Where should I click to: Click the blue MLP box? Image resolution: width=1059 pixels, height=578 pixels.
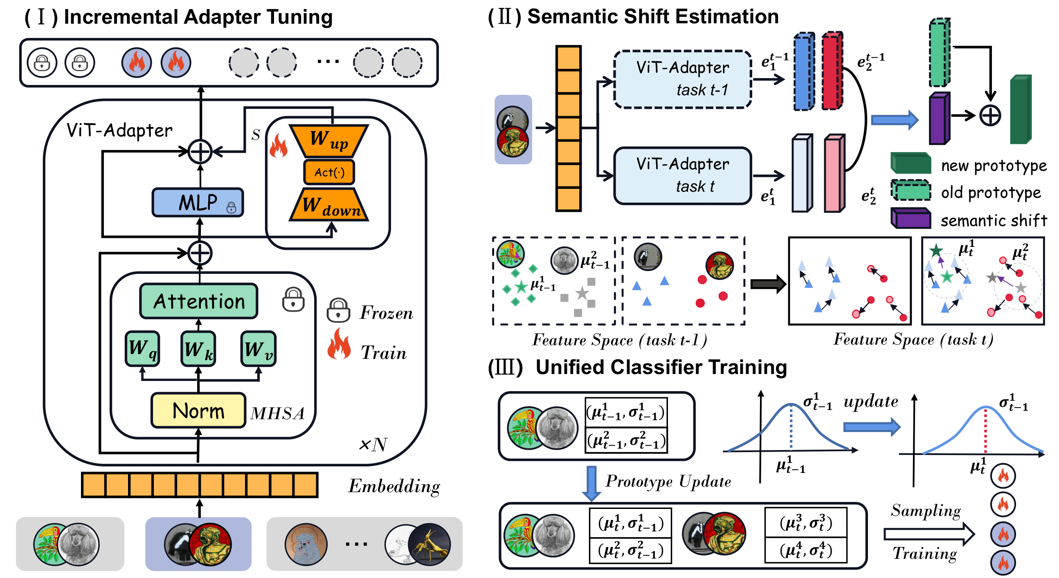pos(198,202)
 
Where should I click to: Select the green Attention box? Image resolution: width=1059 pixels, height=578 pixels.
pos(199,301)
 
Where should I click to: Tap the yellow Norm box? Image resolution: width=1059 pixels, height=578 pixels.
pos(198,411)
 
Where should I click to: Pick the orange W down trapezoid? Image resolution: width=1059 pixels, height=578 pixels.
pos(329,205)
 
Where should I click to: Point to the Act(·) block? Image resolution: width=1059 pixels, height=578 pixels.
pos(329,172)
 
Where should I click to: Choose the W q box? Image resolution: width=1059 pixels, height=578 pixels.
pos(142,349)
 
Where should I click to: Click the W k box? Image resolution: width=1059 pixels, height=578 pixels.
pos(198,349)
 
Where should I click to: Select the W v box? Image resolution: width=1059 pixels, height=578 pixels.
pos(258,349)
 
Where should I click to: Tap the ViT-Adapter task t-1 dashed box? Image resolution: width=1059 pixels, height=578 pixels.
pos(682,79)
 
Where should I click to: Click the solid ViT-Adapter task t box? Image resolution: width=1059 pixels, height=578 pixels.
pos(682,175)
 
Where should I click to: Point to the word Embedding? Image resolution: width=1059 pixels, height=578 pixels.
pos(394,486)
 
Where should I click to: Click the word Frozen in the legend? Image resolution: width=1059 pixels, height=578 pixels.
pos(386,314)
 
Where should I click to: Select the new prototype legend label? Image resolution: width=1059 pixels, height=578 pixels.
pos(993,166)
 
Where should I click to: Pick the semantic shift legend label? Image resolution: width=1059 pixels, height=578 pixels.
pos(993,221)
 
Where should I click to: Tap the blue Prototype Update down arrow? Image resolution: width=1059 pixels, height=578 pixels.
pos(591,483)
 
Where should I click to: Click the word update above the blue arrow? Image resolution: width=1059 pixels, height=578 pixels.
pos(870,401)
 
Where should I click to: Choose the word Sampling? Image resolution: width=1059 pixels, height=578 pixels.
pos(925,511)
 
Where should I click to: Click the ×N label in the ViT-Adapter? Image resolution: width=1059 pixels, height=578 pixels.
pos(373,444)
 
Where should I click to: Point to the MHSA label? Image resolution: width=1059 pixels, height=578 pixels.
pos(277,413)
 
